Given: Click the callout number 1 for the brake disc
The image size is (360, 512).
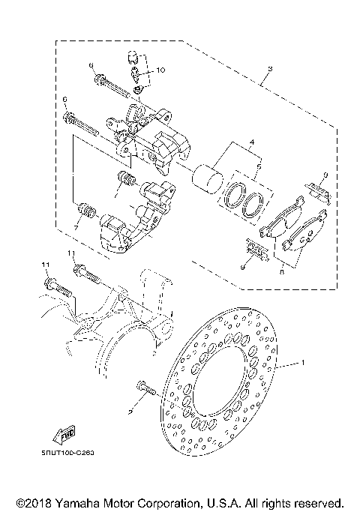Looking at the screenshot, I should point(303,363).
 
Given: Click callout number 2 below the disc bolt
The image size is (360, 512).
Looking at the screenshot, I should point(130,411).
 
